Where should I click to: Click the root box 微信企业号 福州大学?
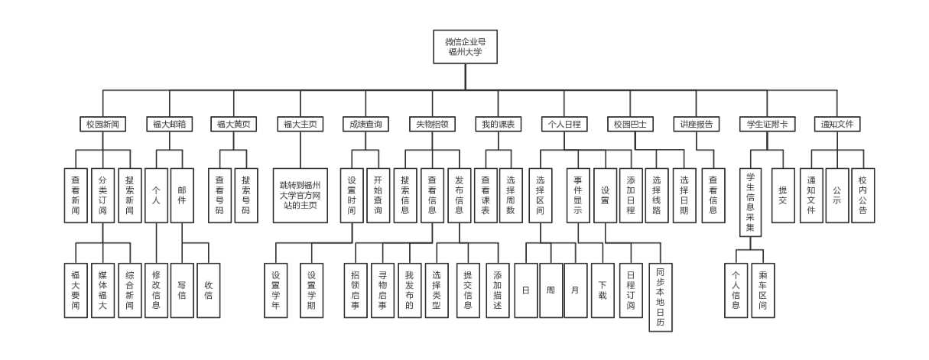(465, 47)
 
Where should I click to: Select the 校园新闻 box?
(103, 124)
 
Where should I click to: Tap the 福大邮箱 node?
(169, 124)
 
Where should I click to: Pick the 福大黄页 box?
(233, 124)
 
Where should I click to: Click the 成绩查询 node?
(365, 124)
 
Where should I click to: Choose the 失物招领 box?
(432, 124)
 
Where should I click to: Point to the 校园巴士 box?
(630, 124)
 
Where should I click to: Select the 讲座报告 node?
(697, 124)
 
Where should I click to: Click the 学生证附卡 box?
(767, 124)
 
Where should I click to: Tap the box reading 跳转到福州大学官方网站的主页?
(300, 196)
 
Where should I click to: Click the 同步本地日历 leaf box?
(661, 297)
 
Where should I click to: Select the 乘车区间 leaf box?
(762, 290)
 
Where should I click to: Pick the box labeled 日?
(526, 290)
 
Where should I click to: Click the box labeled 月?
(576, 290)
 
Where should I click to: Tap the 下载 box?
(603, 290)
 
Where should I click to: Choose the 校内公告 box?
(863, 196)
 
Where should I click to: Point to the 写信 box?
(182, 290)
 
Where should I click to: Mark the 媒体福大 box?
(103, 290)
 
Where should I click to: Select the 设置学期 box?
(311, 290)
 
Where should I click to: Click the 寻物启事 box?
(382, 290)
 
